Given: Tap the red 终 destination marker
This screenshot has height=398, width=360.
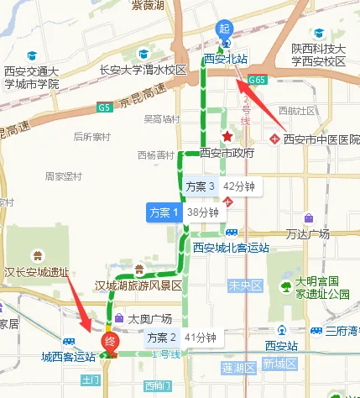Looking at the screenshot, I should pyautogui.click(x=109, y=342).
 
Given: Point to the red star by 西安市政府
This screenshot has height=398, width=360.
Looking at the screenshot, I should pyautogui.click(x=226, y=136).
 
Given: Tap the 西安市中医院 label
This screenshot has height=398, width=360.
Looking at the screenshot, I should pyautogui.click(x=321, y=138).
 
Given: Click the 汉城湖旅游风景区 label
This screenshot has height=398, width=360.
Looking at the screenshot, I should pyautogui.click(x=138, y=285).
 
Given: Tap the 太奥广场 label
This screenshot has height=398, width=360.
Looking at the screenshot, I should pyautogui.click(x=149, y=318).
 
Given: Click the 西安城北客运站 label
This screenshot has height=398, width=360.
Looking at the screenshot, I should pyautogui.click(x=231, y=248).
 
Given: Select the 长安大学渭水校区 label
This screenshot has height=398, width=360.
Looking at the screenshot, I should pyautogui.click(x=142, y=70).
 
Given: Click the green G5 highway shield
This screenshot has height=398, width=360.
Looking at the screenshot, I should pyautogui.click(x=104, y=107).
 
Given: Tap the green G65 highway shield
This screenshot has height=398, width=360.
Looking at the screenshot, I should pyautogui.click(x=257, y=80).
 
